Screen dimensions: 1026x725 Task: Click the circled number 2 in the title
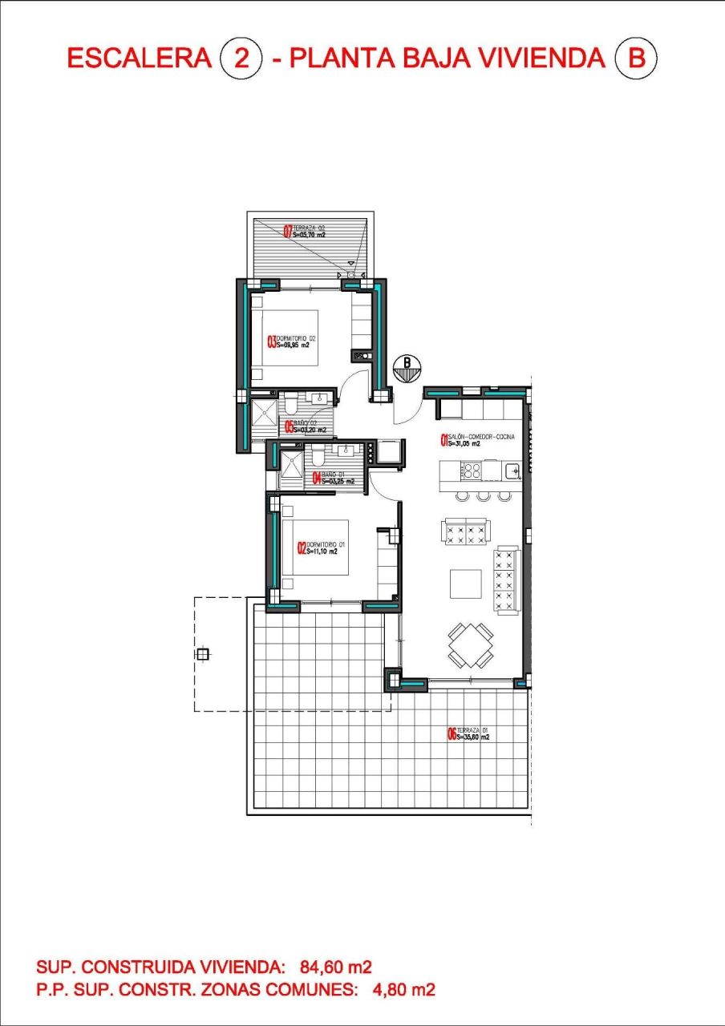239,59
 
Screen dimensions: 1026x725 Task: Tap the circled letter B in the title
636,59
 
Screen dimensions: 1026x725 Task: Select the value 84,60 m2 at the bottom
335,966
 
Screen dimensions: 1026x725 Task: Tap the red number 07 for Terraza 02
288,232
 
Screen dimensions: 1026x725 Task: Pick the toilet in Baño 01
319,455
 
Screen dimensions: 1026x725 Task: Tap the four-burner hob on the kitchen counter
471,470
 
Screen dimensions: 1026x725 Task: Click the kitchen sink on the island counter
510,468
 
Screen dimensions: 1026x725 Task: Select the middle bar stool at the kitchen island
483,496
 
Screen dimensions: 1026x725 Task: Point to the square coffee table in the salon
465,583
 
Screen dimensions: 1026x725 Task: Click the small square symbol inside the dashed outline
202,654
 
